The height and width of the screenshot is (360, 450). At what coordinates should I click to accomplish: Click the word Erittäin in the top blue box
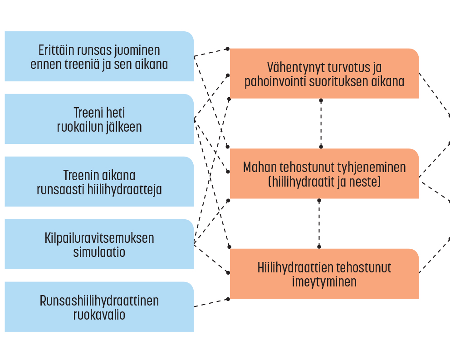point(54,50)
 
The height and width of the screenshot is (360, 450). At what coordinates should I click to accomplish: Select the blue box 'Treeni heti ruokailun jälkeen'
point(99,119)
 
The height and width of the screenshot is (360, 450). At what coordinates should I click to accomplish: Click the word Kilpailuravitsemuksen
point(99,238)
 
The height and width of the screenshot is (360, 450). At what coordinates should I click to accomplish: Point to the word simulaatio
point(99,252)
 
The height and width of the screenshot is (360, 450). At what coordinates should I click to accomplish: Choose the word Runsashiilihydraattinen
point(99,301)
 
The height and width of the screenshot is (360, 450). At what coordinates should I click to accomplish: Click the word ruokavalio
point(99,315)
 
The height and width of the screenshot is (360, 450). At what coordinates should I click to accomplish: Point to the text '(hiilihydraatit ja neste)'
point(324,182)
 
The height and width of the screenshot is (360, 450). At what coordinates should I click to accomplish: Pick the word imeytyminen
point(324,282)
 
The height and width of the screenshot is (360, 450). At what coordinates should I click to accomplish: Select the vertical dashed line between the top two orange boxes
point(321,123)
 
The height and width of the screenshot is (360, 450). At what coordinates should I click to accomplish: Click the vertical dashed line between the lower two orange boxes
point(319,223)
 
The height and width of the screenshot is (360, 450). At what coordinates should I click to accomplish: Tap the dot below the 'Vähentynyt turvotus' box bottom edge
point(321,101)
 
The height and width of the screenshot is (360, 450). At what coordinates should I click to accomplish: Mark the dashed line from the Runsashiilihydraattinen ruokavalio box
point(211,303)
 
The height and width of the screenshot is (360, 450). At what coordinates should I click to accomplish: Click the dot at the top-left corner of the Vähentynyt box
point(228,49)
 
